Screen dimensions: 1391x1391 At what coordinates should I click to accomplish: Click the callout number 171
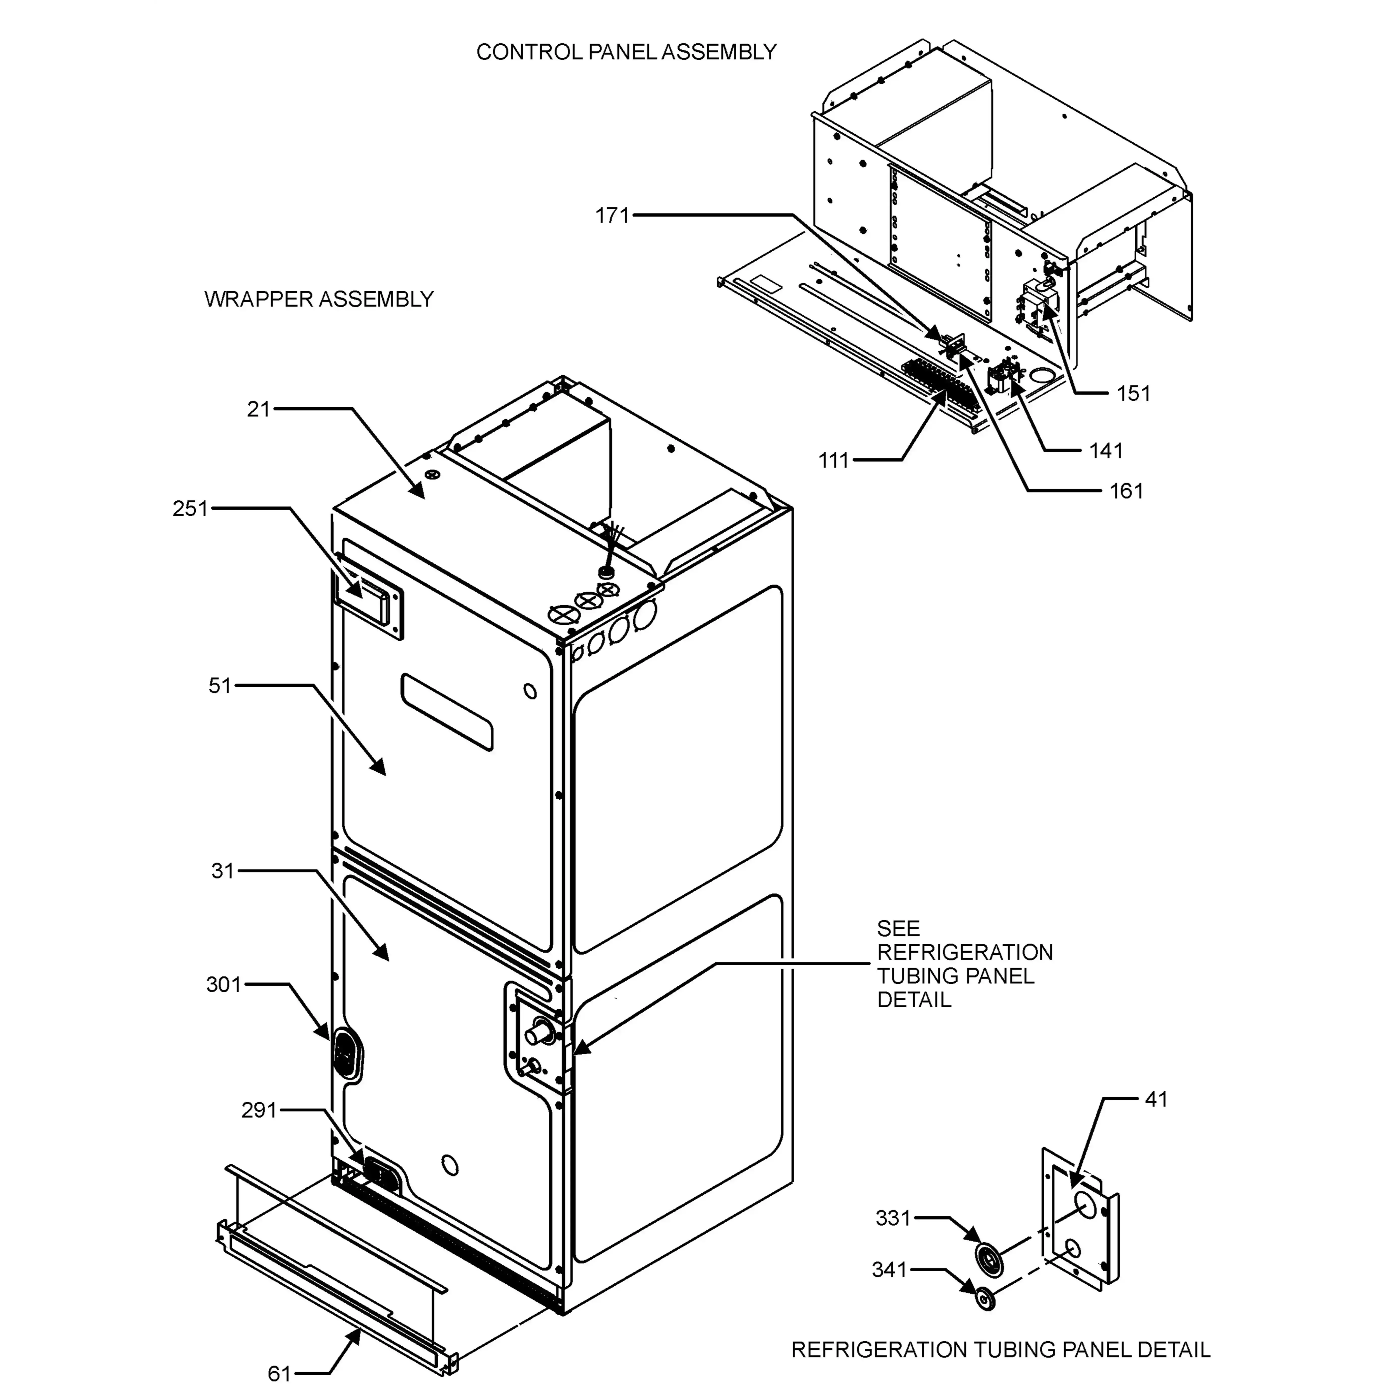(612, 215)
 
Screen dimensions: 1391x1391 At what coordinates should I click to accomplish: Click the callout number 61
(279, 1374)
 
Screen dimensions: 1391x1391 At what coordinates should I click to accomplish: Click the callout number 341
(889, 1269)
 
